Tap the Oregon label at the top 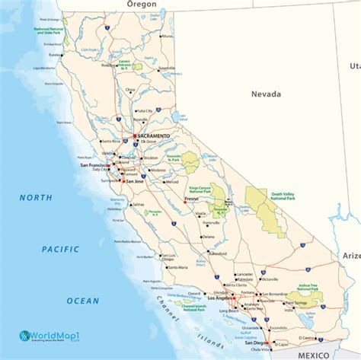click(141, 4)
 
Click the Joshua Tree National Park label click(308, 287)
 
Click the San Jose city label click(135, 181)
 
